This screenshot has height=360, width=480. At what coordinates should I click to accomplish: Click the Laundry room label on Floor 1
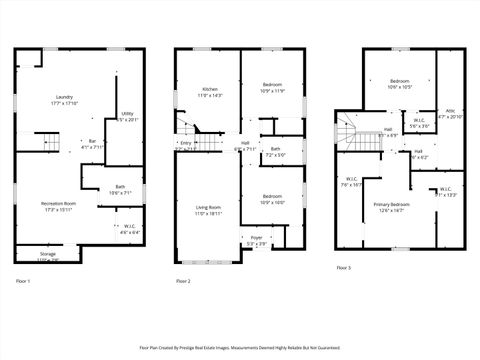click(x=64, y=99)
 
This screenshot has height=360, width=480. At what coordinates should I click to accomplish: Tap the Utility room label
click(x=127, y=116)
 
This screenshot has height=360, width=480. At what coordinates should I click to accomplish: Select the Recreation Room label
click(x=59, y=206)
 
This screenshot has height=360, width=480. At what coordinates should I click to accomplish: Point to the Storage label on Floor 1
click(x=48, y=256)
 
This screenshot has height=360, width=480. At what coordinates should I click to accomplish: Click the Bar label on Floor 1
click(x=92, y=143)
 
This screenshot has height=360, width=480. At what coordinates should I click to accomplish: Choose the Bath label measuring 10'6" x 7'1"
click(x=120, y=189)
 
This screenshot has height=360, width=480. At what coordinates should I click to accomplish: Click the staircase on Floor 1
click(x=46, y=140)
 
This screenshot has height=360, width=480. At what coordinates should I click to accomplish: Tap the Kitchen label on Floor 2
click(x=210, y=91)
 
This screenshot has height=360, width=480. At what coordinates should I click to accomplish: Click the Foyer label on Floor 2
click(x=256, y=240)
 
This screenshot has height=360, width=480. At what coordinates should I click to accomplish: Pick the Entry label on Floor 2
click(x=186, y=145)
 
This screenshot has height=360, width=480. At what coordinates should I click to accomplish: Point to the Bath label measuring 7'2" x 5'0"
click(x=275, y=152)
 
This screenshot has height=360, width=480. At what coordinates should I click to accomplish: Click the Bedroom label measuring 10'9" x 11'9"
click(x=273, y=88)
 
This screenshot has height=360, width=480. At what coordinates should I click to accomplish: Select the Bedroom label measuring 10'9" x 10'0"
click(x=273, y=199)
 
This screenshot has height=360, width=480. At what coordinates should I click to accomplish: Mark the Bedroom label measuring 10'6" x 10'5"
click(x=400, y=83)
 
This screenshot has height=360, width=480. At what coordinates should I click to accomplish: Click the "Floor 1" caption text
click(x=22, y=282)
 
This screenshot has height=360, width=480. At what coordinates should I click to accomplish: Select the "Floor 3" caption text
click(x=343, y=269)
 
